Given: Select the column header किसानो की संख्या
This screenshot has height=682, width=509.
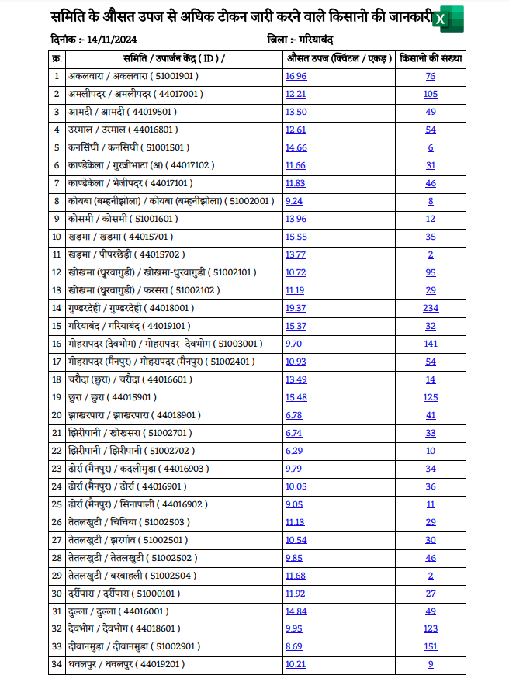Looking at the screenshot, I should coord(430,58).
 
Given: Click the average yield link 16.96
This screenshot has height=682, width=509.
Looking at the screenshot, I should coord(296,76).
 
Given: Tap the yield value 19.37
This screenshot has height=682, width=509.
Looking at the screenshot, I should coord(296,308).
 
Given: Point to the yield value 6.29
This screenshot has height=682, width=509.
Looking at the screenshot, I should coord(295,451).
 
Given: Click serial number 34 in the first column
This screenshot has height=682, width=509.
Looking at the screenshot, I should coord(56,664).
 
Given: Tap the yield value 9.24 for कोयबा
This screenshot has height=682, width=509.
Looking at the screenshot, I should coord(293,201).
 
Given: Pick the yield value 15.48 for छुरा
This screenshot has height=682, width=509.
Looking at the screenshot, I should coord(296,397).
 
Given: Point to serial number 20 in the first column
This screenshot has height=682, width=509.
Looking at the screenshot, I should coord(56,415).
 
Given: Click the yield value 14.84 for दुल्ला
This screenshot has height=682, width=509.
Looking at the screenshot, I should coord(296,611).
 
